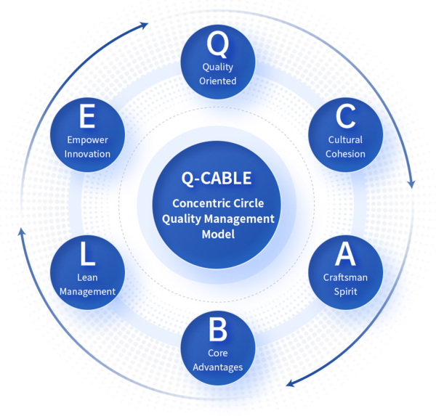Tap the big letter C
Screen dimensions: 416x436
pos(345,118)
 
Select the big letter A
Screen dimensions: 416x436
pos(345,254)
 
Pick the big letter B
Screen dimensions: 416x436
pos(218,330)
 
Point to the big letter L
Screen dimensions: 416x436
pos(88,254)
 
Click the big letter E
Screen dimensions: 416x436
pos(88,118)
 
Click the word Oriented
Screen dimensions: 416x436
pos(218,81)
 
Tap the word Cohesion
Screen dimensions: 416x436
pos(345,153)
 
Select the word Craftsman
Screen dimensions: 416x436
pos(345,277)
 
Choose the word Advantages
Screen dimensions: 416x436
pos(218,367)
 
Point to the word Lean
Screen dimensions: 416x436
pos(88,277)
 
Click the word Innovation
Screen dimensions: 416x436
pos(88,153)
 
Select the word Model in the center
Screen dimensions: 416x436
pos(218,234)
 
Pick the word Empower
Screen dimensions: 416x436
pos(88,139)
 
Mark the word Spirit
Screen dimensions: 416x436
pos(345,291)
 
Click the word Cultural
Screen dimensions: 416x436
pos(345,139)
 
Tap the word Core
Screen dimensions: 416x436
pos(218,353)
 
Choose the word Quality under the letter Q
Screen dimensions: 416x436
pos(218,67)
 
